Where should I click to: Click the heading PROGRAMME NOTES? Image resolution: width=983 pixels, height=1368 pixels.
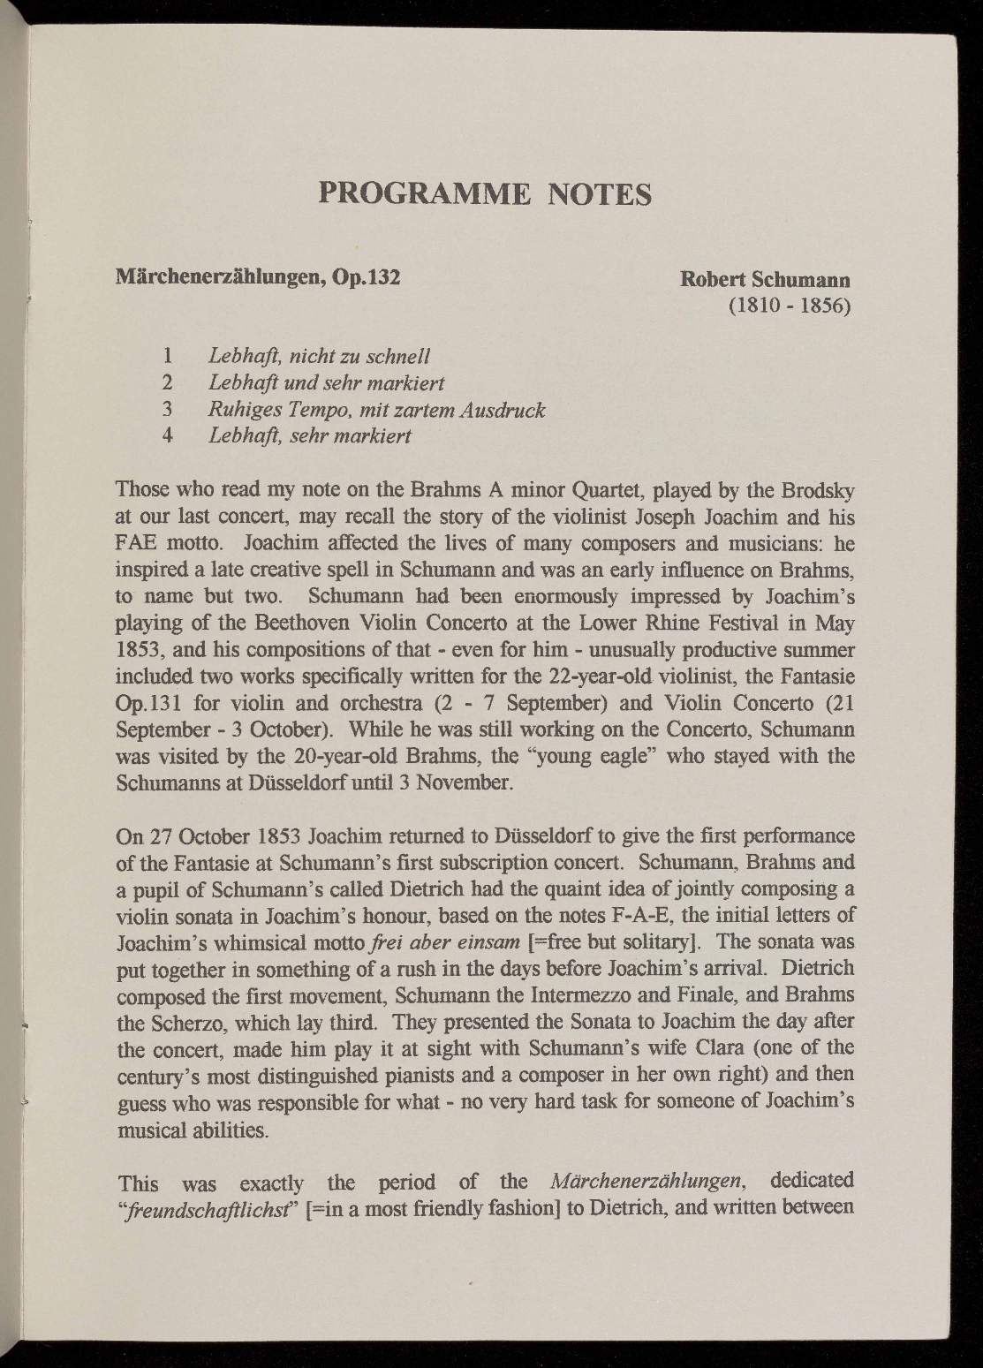click(x=485, y=193)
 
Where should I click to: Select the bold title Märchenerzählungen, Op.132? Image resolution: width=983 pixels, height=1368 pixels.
click(x=259, y=277)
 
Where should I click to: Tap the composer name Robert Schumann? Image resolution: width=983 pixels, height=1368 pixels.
click(x=765, y=280)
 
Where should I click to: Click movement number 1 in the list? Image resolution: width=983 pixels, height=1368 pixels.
click(x=168, y=357)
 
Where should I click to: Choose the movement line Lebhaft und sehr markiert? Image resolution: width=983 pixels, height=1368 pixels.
click(x=326, y=383)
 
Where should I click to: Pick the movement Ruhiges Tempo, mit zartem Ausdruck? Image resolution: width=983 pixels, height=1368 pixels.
click(x=376, y=410)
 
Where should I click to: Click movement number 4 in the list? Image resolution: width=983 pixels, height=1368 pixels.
click(x=168, y=436)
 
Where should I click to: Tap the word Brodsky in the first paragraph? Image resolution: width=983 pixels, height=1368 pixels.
click(x=817, y=490)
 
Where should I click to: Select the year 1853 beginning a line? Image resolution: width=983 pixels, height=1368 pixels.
click(x=137, y=651)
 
